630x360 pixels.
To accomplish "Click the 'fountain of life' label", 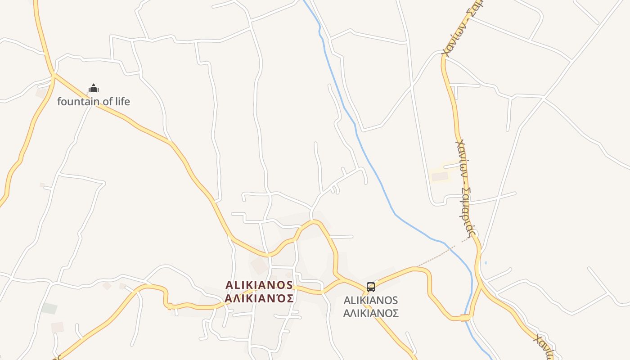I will pos(93,101).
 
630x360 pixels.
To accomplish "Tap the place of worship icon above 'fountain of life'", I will pos(93,88).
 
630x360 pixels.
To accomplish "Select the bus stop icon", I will pos(370,287).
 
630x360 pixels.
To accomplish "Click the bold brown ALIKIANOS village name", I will pos(259,285).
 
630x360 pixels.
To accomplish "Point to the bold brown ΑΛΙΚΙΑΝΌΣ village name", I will pos(259,298).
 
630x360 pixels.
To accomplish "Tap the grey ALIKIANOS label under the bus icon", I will pos(370,300).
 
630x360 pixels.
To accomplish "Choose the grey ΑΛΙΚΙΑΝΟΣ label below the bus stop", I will pos(370,313).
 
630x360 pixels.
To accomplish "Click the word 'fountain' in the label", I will pos(77,101).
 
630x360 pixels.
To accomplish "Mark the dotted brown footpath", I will pos(441,254).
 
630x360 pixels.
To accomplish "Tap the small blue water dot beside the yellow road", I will pos(486,262).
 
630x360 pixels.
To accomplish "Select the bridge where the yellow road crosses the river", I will pos(465,318).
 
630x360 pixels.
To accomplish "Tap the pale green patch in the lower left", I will pos(49,308).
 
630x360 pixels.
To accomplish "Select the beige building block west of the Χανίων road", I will pos(440,176).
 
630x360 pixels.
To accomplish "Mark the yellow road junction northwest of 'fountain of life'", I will pos(53,75).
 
